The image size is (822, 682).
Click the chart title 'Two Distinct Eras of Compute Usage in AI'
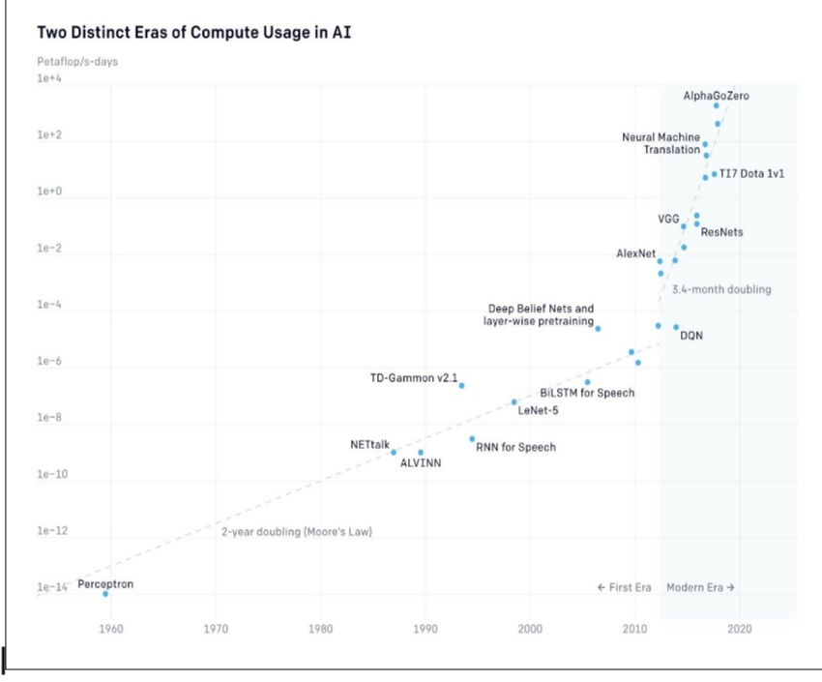(194, 34)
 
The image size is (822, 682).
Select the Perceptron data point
(105, 593)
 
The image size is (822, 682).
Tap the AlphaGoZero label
(716, 96)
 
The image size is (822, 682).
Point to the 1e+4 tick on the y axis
(48, 78)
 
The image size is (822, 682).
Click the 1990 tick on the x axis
(425, 630)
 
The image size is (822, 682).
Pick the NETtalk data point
(394, 452)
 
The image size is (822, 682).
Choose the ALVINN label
(421, 463)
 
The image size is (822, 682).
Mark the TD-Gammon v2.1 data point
(461, 385)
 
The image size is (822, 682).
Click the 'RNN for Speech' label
(515, 447)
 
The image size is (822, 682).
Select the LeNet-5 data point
(514, 401)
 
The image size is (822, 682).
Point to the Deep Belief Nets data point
(598, 329)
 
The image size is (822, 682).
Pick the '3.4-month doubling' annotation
(721, 289)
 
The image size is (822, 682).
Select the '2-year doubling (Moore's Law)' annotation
(296, 532)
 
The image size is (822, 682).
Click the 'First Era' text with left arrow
(625, 587)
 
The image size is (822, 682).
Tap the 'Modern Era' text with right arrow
(701, 587)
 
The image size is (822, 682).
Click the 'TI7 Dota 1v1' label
(751, 173)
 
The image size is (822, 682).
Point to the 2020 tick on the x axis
(740, 630)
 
